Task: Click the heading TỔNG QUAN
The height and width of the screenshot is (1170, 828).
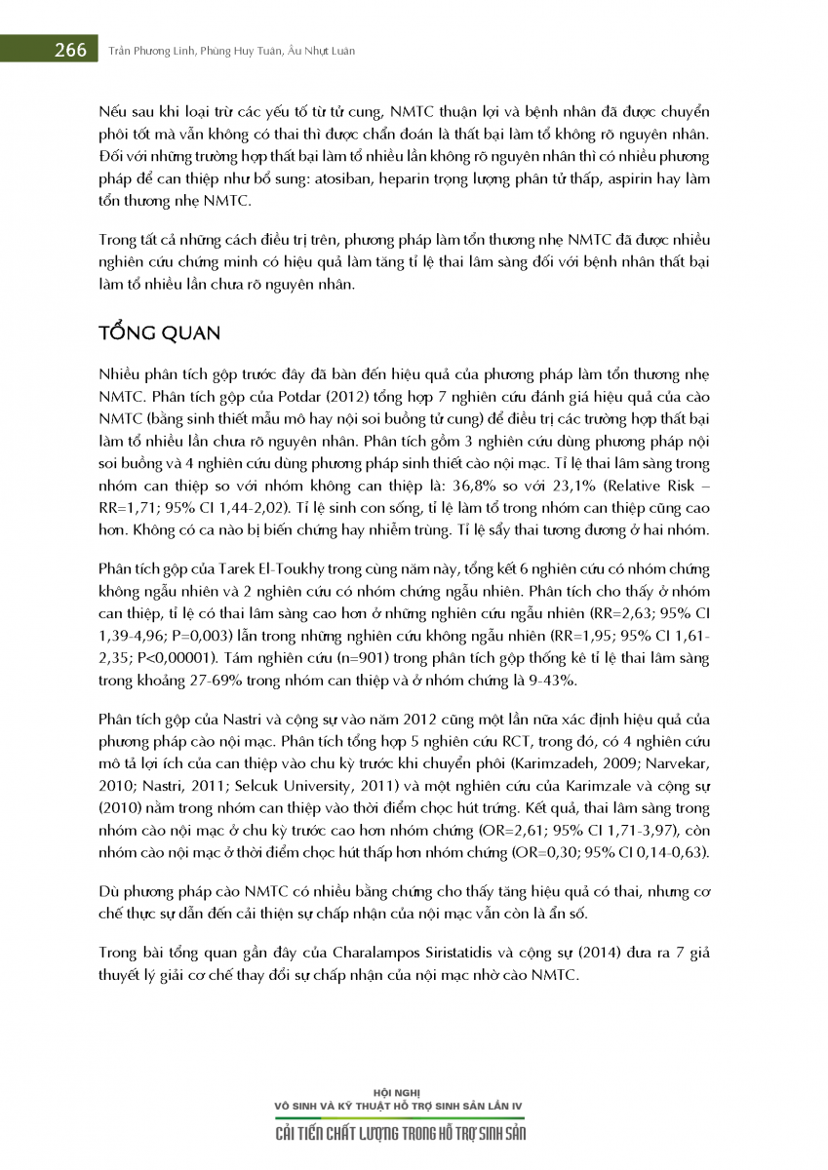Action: (160, 332)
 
